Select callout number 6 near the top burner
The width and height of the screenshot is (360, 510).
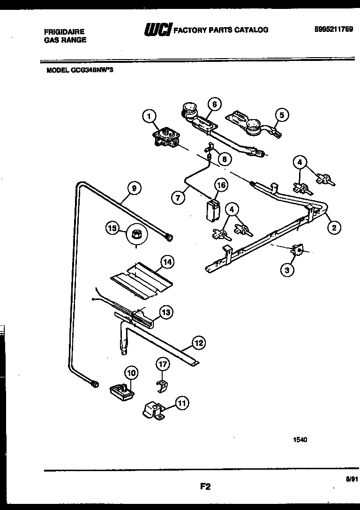click(214, 105)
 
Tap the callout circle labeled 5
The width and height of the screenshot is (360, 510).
click(281, 114)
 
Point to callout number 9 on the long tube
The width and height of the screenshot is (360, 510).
click(134, 188)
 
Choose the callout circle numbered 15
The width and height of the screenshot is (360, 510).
click(112, 229)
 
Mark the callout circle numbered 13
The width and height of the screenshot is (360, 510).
click(165, 311)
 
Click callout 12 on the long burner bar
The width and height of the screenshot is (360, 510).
click(199, 343)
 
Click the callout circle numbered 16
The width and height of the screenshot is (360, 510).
click(221, 185)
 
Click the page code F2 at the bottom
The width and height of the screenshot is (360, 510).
click(204, 487)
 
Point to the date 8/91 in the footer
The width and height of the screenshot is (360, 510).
click(352, 479)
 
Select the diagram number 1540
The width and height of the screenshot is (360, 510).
click(300, 440)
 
